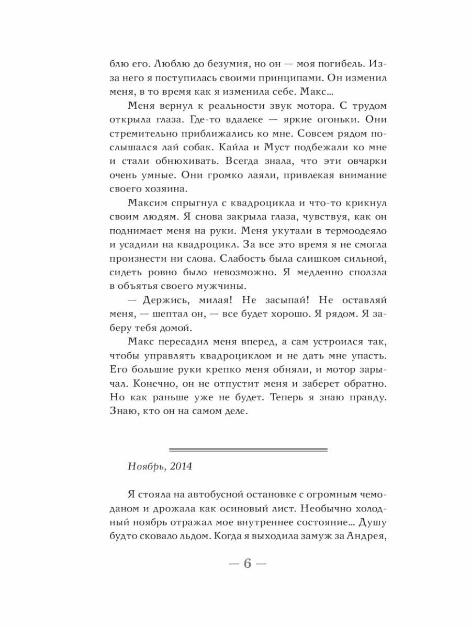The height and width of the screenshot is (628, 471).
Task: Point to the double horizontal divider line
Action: pyautogui.click(x=248, y=450)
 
